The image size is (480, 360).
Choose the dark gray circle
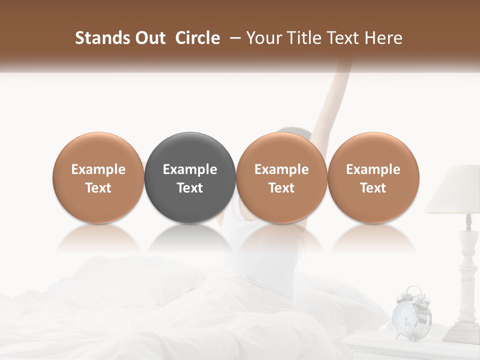click(x=190, y=177)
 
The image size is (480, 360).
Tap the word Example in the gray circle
click(x=190, y=169)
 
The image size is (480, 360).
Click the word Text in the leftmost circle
click(x=98, y=188)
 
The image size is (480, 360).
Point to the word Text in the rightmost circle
click(x=373, y=188)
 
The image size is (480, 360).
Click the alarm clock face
click(x=404, y=316)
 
